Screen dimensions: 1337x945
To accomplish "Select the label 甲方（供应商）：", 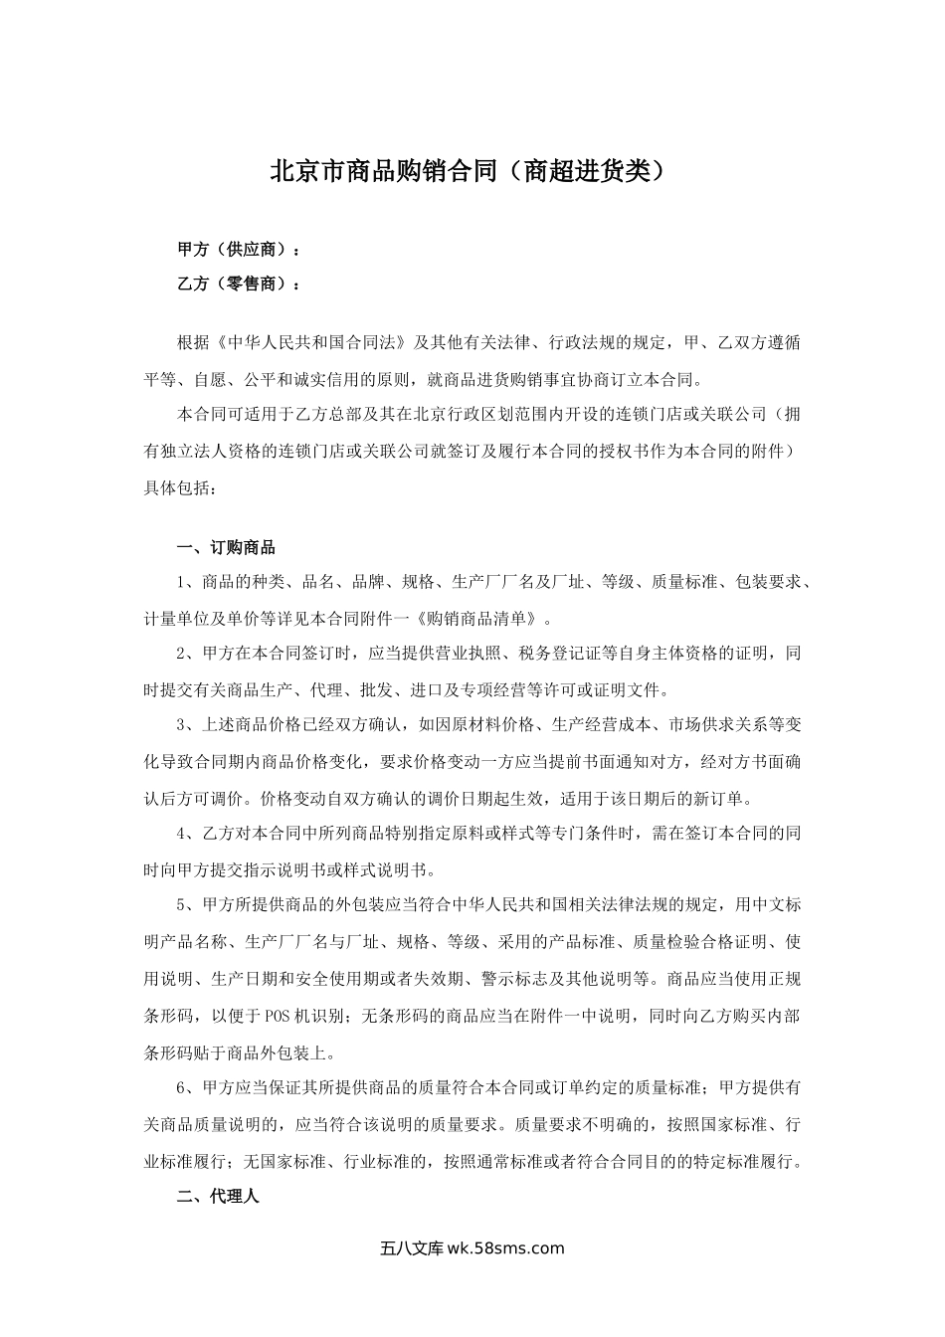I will (x=238, y=248).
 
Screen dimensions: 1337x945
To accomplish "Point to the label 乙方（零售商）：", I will (x=238, y=285).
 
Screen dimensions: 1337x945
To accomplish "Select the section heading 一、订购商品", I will (x=226, y=548).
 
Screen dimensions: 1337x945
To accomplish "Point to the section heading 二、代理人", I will (x=218, y=1197).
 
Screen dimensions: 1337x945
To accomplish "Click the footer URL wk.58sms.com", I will (x=506, y=1249).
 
